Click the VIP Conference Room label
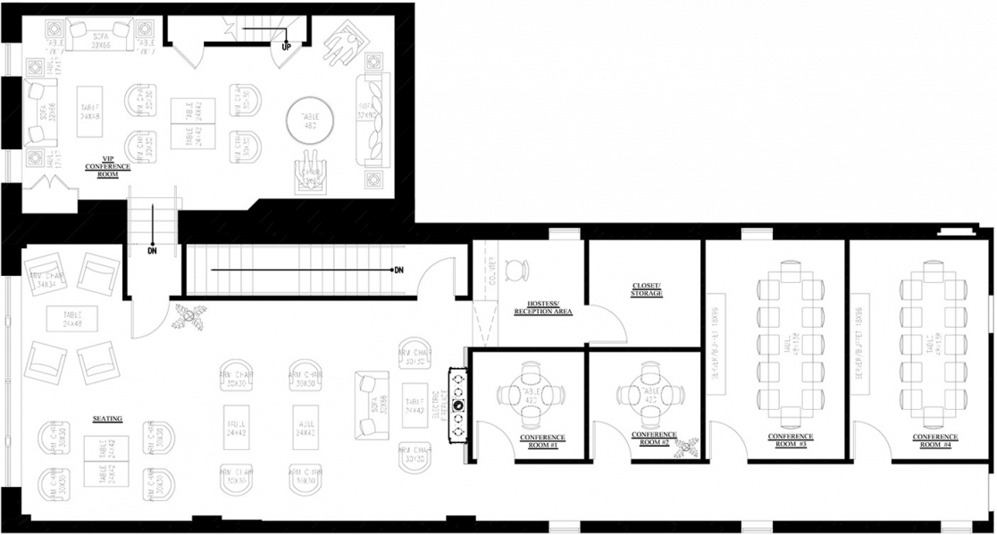(x=108, y=166)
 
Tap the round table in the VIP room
(x=310, y=118)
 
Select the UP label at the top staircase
(x=286, y=46)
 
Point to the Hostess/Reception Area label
(x=542, y=308)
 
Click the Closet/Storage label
(x=647, y=289)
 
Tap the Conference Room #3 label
(x=788, y=440)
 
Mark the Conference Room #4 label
(x=931, y=440)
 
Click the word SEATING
(x=107, y=418)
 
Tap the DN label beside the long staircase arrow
(x=398, y=270)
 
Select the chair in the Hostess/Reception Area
(x=516, y=269)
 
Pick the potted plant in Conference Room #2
(x=687, y=442)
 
